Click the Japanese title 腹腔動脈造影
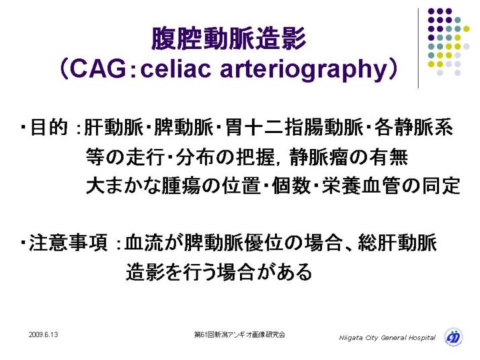(x=229, y=38)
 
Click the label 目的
(x=48, y=127)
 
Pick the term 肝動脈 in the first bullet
(x=114, y=127)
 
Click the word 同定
(x=441, y=185)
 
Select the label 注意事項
(x=69, y=243)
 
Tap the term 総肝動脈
(x=398, y=243)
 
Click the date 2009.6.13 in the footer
(x=44, y=334)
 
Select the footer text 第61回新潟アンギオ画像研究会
(x=240, y=334)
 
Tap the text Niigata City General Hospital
(x=387, y=338)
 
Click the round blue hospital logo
(x=454, y=337)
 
